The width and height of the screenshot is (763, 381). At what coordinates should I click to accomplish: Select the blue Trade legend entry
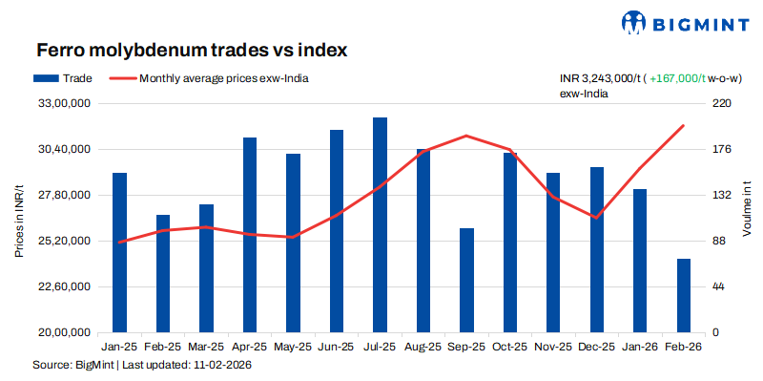pos(62,79)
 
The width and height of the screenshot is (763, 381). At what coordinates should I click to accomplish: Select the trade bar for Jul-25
pos(380,224)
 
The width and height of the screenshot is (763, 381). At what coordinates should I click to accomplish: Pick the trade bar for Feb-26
pos(684,295)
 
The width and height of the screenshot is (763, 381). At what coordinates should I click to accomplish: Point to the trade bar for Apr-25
pos(250,235)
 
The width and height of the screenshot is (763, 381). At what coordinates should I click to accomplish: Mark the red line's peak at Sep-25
pos(466,136)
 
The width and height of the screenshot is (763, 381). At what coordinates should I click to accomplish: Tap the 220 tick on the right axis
pos(721,103)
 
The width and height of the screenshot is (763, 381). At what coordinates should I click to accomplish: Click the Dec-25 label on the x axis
pos(596,349)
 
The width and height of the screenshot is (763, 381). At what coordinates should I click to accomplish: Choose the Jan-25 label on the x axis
pos(119,349)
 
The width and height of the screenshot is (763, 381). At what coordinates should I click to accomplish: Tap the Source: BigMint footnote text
pos(140,366)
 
